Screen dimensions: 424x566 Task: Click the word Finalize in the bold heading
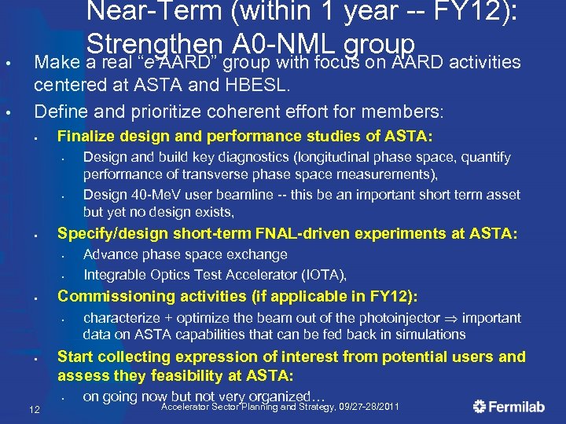coord(87,136)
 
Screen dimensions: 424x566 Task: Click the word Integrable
coord(116,275)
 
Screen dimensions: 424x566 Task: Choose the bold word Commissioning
coord(112,296)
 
